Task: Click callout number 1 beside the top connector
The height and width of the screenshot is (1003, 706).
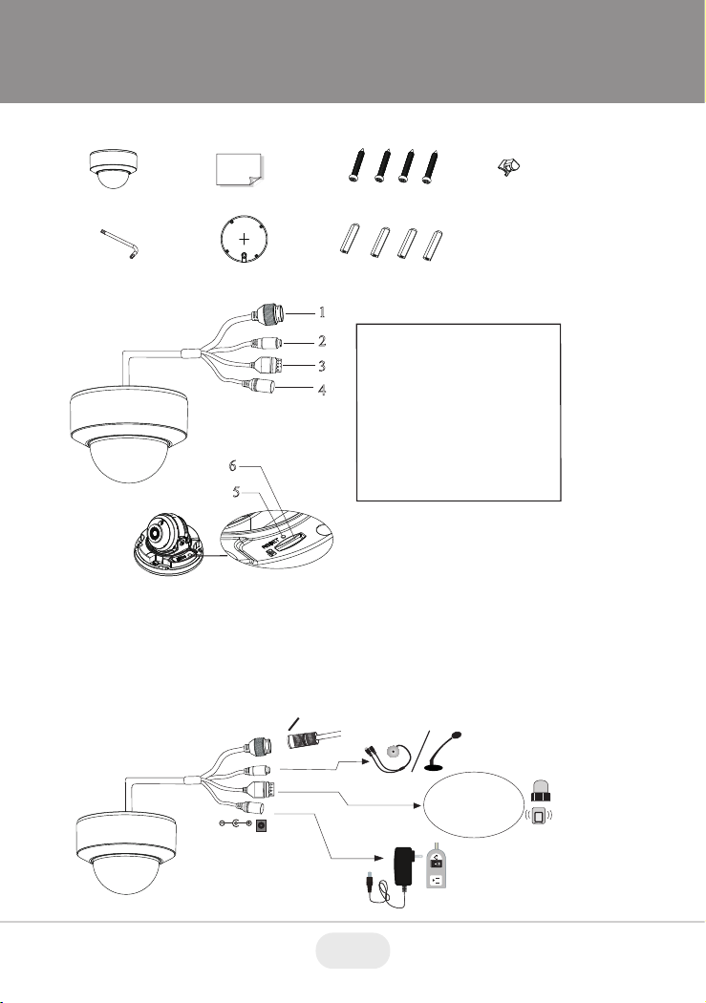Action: (x=322, y=312)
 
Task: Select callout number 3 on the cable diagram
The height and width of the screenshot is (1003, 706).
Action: (x=322, y=366)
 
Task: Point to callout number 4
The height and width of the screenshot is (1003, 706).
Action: (x=322, y=389)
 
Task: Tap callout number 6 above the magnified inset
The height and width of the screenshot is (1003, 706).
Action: (x=233, y=466)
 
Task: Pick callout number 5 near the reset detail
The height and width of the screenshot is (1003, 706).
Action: (x=237, y=492)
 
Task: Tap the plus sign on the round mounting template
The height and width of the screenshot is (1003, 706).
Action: (x=245, y=240)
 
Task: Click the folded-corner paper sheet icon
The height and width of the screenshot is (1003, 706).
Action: (x=239, y=169)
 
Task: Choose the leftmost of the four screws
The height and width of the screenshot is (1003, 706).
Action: (x=355, y=165)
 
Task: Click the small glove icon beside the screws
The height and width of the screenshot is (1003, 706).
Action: (x=508, y=168)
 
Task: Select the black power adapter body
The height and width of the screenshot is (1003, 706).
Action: (x=405, y=866)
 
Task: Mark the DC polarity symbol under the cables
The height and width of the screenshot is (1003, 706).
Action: (x=234, y=825)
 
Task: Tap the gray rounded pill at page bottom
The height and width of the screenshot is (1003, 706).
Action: (x=353, y=950)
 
